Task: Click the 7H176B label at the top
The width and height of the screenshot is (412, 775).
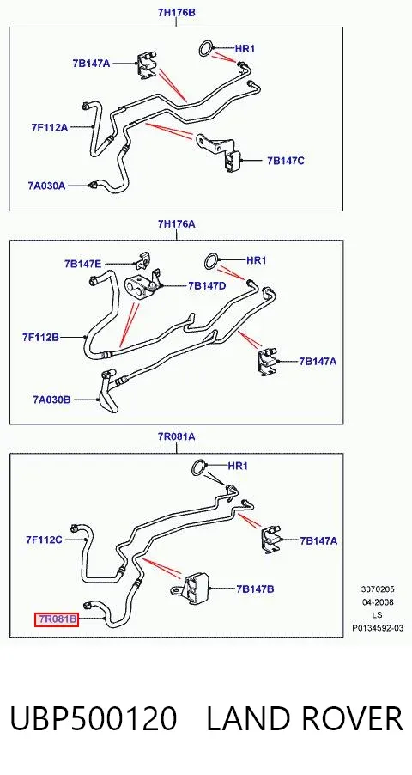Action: tap(176, 12)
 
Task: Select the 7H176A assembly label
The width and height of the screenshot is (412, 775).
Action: tap(176, 224)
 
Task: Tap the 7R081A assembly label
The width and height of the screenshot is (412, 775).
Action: tap(176, 436)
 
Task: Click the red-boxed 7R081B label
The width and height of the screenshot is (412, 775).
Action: tap(57, 619)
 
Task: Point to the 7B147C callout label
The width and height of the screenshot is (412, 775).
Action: tap(286, 161)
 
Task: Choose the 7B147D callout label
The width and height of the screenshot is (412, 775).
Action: tap(207, 285)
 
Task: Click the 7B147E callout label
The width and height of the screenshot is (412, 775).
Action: tap(82, 264)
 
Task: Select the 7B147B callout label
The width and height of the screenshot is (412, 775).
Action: tap(255, 589)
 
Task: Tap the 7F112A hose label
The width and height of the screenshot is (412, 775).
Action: tap(50, 127)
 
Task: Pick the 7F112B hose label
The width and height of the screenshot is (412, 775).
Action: tap(40, 337)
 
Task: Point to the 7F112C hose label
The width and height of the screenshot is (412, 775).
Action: tap(44, 540)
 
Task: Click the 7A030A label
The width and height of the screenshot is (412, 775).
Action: tap(46, 186)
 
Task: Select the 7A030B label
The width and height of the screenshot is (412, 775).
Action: tap(51, 400)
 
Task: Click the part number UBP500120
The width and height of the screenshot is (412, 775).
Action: tap(94, 718)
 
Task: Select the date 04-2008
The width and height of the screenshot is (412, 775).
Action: tap(378, 602)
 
